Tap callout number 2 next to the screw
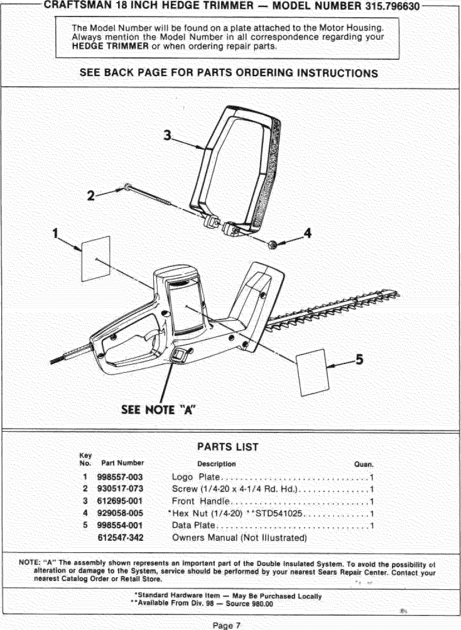(90, 196)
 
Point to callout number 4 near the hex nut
(308, 233)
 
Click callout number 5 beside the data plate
(359, 359)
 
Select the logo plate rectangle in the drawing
(96, 259)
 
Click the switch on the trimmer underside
(179, 356)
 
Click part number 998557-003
(120, 477)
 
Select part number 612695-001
(120, 501)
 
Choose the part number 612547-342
(121, 538)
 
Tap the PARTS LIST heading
(228, 447)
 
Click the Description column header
(216, 464)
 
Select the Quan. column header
(363, 464)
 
